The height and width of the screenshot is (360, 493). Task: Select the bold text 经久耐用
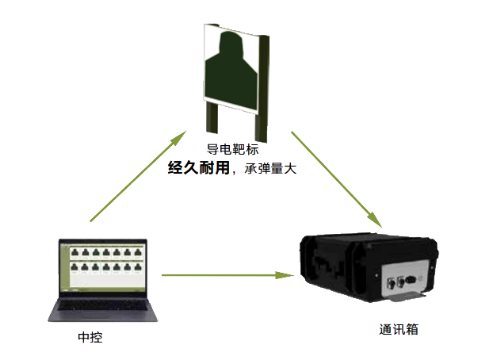(x=197, y=168)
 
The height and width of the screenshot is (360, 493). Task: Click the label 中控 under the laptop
(x=90, y=338)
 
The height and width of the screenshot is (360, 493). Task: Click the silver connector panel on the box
(x=405, y=281)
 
